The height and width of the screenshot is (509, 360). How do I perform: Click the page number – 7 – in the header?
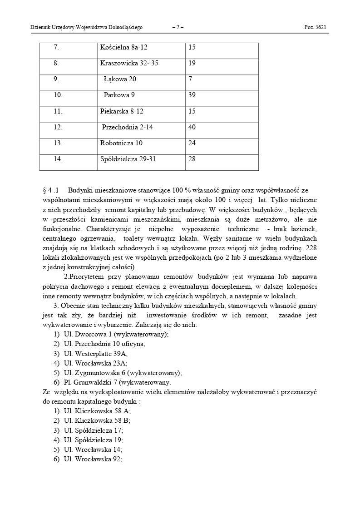point(178,27)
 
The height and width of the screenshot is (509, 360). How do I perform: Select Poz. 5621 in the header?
point(315,27)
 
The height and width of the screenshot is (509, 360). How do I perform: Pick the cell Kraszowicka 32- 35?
point(129,63)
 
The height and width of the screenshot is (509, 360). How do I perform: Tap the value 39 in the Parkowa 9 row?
point(192,95)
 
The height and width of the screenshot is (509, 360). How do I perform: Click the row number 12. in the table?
point(58,127)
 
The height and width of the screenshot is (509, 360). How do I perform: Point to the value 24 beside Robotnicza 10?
point(192,143)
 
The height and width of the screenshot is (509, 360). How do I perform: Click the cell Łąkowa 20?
point(120,79)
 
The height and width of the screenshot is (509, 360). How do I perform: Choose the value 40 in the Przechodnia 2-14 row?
point(192,127)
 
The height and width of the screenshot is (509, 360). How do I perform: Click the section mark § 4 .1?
point(51,190)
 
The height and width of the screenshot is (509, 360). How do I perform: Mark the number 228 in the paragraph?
point(311,248)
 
